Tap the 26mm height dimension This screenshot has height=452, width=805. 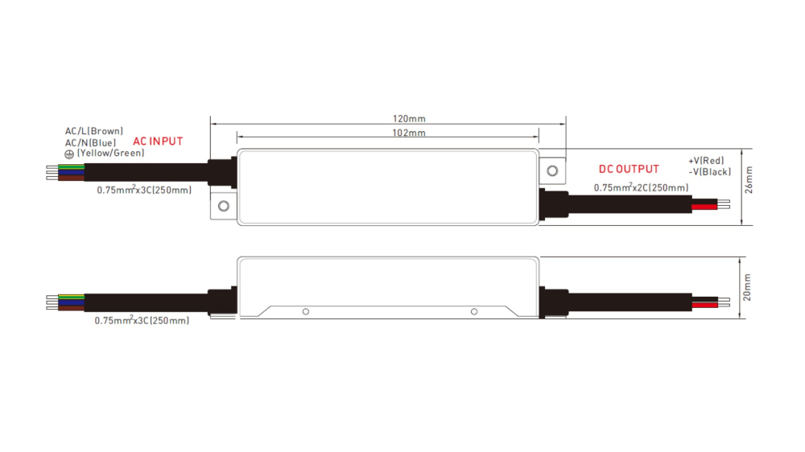(x=749, y=180)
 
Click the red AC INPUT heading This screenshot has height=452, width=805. (x=158, y=142)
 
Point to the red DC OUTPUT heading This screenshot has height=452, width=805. (x=628, y=169)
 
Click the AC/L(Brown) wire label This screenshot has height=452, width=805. (x=94, y=131)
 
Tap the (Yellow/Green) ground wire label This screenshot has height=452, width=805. (x=110, y=153)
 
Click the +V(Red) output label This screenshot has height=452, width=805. (x=706, y=161)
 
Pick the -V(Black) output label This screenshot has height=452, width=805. (x=709, y=172)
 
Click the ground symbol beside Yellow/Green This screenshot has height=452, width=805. (x=69, y=154)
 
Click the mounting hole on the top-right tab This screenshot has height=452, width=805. (x=552, y=171)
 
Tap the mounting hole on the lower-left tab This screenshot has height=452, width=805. (x=223, y=207)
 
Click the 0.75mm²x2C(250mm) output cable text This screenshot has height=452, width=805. (x=641, y=188)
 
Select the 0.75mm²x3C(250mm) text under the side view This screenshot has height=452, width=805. (x=142, y=321)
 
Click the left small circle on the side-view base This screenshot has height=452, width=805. (x=306, y=311)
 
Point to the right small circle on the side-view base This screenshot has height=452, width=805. (x=474, y=311)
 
